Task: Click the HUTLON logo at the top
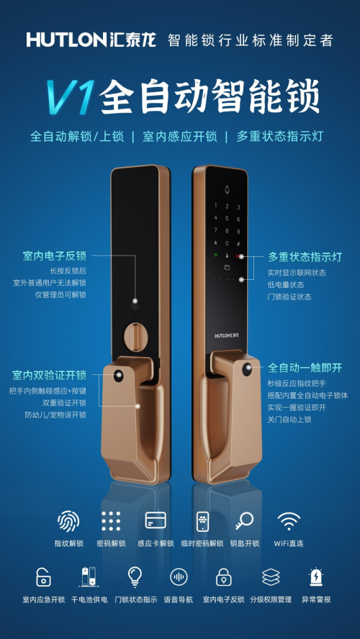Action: [91, 40]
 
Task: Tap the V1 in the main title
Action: [71, 96]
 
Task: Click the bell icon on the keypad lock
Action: [227, 189]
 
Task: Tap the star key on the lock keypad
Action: [215, 243]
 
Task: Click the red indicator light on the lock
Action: [238, 256]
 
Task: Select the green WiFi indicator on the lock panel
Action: [215, 255]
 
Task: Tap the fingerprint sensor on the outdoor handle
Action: [247, 369]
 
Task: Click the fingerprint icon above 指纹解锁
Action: [68, 521]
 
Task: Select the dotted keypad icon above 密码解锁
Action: [112, 521]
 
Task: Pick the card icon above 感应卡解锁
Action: [156, 520]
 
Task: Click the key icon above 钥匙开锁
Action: [244, 521]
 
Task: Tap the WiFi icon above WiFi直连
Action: [289, 521]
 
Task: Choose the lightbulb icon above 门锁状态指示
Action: [135, 577]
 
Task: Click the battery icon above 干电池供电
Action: [89, 577]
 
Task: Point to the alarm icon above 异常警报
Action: [316, 577]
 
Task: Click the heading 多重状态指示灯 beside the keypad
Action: [305, 258]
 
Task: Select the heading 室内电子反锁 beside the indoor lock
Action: [55, 256]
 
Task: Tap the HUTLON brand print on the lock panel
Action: [227, 336]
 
